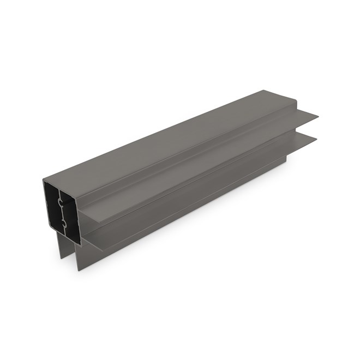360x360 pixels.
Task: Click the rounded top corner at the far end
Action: (x=295, y=100)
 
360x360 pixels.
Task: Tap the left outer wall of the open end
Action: (x=45, y=207)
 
